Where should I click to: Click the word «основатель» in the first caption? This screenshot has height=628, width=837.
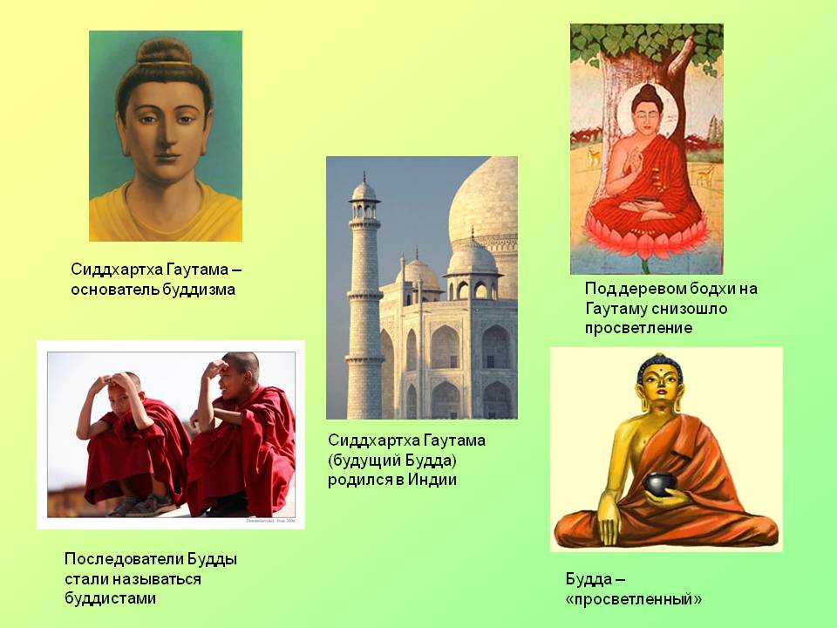[x=115, y=290]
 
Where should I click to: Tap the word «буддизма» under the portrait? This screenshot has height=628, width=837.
[x=199, y=290]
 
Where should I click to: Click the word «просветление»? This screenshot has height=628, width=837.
[x=638, y=328]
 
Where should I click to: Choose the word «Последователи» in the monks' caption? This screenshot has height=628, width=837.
[x=123, y=560]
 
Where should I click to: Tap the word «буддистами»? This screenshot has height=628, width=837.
[x=111, y=598]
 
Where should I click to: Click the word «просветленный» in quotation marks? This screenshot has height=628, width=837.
[x=634, y=599]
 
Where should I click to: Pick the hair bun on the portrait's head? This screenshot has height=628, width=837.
[x=165, y=51]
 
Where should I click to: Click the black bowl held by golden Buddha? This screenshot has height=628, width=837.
[x=660, y=482]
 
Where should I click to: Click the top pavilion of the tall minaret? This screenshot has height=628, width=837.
[x=364, y=199]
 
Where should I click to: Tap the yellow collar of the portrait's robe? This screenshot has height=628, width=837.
[x=166, y=208]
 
